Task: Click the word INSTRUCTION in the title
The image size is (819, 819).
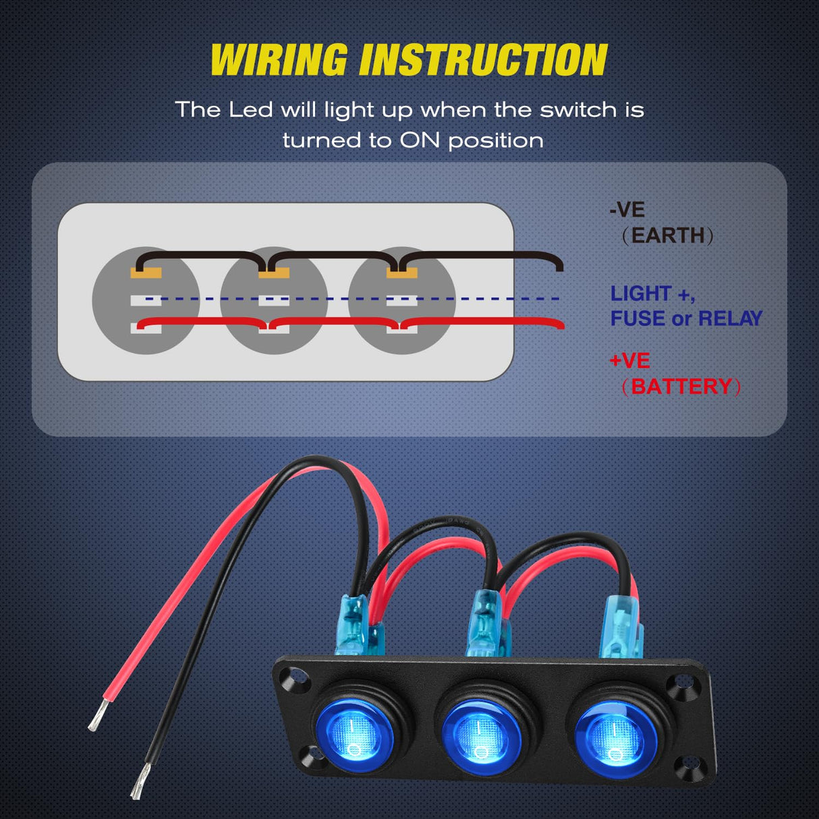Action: [483, 60]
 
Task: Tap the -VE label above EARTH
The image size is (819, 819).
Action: [627, 210]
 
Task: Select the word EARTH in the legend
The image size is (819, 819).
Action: [668, 235]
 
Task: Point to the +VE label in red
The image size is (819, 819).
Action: [629, 361]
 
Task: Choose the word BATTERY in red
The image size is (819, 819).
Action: [681, 387]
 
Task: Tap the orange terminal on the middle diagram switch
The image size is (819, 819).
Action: [274, 273]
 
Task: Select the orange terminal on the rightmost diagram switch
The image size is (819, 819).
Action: [402, 273]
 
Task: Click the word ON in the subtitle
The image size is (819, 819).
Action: [420, 140]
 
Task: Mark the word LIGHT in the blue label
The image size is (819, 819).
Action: [641, 294]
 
